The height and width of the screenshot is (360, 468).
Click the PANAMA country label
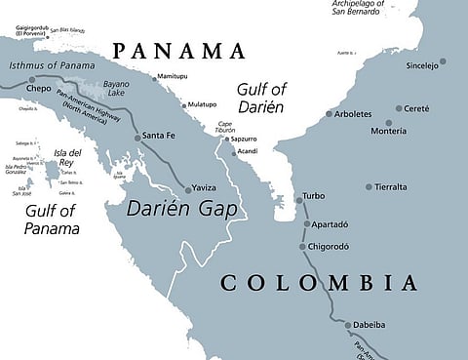coord(178,51)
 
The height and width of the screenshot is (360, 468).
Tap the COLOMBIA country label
coord(319,283)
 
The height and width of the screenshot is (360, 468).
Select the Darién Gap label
coord(182,208)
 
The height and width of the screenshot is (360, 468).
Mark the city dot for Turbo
coord(299,199)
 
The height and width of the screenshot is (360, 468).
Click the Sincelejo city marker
coord(442,61)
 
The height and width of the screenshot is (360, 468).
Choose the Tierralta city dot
coord(369,186)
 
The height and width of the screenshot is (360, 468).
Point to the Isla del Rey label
coord(67,158)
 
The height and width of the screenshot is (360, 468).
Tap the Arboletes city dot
coord(328,114)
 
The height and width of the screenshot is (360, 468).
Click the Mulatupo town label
coord(203,104)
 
